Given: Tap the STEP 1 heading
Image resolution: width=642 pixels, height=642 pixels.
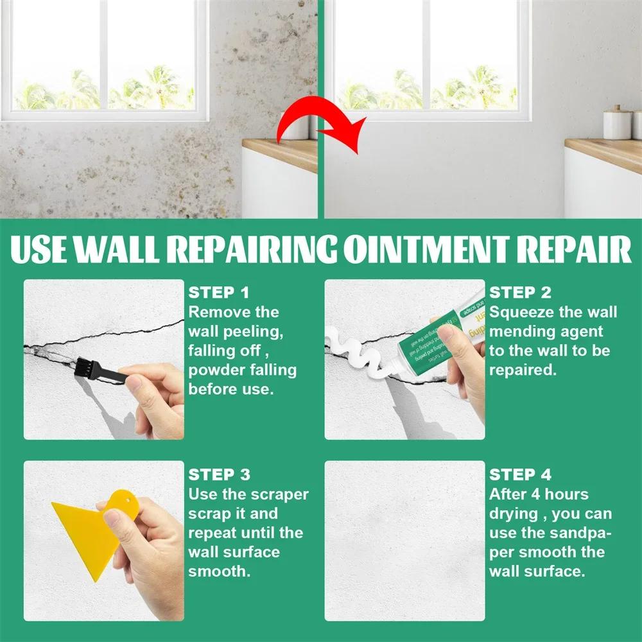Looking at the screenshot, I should click(218, 293).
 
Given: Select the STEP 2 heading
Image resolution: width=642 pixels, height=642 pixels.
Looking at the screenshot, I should click(520, 293).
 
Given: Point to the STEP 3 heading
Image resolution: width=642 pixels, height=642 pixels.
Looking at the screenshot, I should click(219, 475).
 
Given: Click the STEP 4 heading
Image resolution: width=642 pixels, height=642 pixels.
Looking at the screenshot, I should click(521, 475).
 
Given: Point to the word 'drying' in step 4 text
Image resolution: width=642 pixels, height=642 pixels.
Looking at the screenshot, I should click(513, 514).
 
